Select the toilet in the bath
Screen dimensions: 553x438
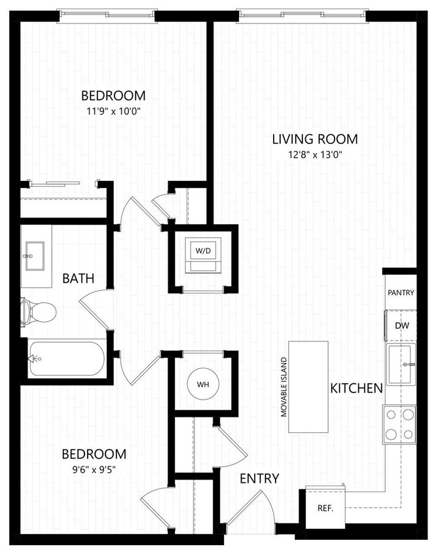click(x=35, y=311)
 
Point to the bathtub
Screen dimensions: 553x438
click(x=65, y=358)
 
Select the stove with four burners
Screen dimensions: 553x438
click(x=399, y=423)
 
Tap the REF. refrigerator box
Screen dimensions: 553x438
click(x=325, y=507)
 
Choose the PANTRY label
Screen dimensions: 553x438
click(x=401, y=292)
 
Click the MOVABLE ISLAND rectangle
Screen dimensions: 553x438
click(x=309, y=387)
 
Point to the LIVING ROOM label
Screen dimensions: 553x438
click(x=315, y=139)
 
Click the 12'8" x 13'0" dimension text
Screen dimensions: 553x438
click(x=315, y=155)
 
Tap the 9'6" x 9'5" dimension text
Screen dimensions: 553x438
click(x=94, y=469)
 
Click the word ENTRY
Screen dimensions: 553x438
click(x=259, y=478)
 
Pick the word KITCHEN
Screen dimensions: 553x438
click(x=356, y=388)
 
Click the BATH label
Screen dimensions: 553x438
click(x=78, y=278)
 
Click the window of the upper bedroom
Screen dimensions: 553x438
click(x=107, y=14)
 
